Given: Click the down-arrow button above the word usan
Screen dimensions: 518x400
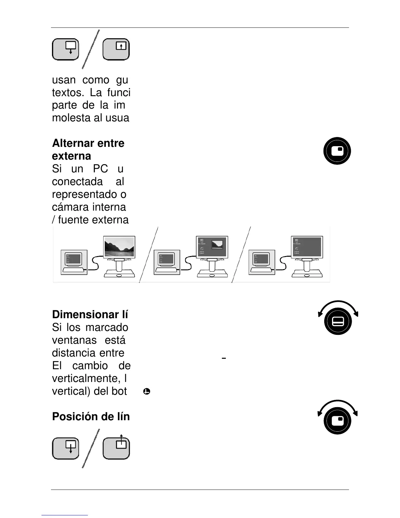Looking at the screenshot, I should point(66,49).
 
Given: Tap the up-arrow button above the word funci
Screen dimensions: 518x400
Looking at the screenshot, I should point(116,49).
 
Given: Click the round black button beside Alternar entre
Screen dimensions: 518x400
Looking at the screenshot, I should point(337,151).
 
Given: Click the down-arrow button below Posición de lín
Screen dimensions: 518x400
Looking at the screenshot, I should point(66,448).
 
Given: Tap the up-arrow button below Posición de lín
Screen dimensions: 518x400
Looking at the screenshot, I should point(116,448).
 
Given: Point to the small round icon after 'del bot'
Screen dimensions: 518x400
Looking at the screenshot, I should point(147,391).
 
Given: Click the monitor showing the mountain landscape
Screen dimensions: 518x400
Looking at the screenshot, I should point(119,247).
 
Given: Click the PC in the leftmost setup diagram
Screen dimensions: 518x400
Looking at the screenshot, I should point(74,262).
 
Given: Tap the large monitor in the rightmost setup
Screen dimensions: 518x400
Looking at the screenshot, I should point(307,247).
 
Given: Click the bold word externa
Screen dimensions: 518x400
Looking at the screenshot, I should point(72,156).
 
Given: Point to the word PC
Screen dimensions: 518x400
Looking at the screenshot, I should point(100,169).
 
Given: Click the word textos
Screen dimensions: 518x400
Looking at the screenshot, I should point(67,93).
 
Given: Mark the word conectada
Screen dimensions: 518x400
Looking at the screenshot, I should point(77,181).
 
